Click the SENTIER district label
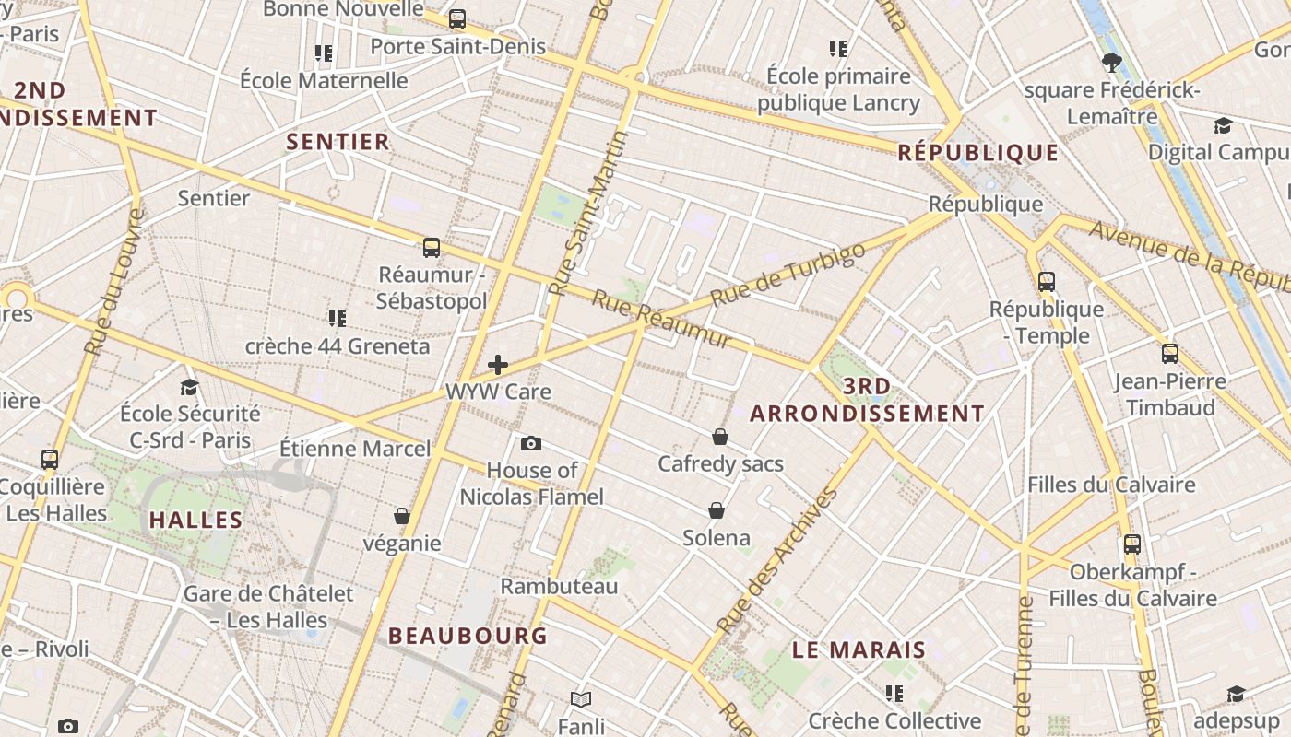tap(338, 142)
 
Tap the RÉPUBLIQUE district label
tap(978, 153)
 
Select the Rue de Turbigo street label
tap(788, 274)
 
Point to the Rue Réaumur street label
tap(661, 320)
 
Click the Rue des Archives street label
tap(777, 561)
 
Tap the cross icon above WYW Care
tap(498, 365)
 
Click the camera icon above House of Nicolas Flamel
tap(531, 444)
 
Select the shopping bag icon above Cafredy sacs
tap(720, 437)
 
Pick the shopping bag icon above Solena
tap(717, 510)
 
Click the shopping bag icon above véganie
tap(402, 516)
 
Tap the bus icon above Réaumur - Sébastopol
tap(432, 248)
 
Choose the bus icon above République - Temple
tap(1047, 282)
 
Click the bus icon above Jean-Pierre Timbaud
tap(1170, 354)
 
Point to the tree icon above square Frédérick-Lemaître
tap(1111, 63)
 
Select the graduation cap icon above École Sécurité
tap(190, 387)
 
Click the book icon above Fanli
tap(580, 699)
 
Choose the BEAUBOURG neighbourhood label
tap(468, 636)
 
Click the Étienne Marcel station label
tap(355, 450)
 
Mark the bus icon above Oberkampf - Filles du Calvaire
tap(1132, 544)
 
